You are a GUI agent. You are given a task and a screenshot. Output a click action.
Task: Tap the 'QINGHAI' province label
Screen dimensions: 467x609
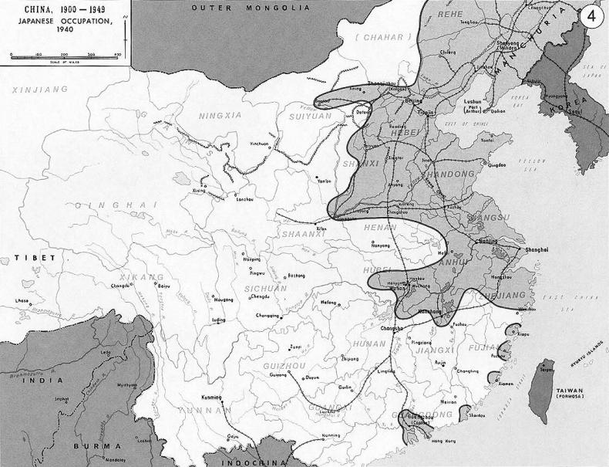(113, 205)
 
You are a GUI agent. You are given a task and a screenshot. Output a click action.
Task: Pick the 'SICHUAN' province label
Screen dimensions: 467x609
(264, 288)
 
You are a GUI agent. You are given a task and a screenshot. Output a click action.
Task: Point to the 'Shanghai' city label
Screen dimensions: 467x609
(536, 249)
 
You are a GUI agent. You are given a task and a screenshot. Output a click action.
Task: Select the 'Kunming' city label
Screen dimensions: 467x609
(211, 397)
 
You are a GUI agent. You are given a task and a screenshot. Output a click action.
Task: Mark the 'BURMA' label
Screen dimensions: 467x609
(96, 446)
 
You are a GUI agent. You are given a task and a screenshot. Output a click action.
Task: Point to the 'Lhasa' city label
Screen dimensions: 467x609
(22, 301)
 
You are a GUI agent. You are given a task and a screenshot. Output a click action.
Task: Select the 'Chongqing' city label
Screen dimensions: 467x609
(269, 316)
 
